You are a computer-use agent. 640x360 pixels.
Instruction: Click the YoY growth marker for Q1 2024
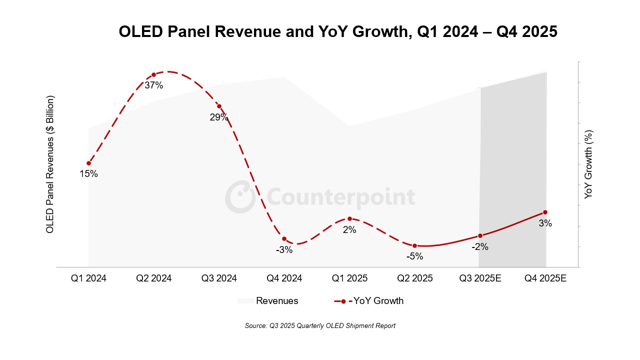point(88,163)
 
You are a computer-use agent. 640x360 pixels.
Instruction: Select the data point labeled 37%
point(154,75)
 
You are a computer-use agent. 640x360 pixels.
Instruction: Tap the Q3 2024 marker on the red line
point(219,106)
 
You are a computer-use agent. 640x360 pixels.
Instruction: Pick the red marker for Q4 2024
point(284,239)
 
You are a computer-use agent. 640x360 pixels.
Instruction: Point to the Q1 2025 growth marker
point(349,218)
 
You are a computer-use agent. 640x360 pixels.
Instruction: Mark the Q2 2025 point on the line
point(414,245)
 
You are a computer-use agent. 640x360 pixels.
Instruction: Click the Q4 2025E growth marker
point(545,212)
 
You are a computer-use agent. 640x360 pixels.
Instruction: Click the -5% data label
point(414,256)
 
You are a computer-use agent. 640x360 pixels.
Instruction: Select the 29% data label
point(219,117)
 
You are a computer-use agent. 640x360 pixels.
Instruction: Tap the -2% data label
point(480,246)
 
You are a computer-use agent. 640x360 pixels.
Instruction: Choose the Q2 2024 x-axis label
point(154,278)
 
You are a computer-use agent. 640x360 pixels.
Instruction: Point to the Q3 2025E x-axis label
point(480,278)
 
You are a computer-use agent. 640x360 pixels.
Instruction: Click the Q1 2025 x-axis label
point(349,278)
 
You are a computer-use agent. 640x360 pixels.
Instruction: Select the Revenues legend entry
point(268,301)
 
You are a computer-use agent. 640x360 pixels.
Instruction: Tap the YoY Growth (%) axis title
point(588,164)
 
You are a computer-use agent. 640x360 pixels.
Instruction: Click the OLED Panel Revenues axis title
point(50,164)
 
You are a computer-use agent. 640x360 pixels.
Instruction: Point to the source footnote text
point(320,326)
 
